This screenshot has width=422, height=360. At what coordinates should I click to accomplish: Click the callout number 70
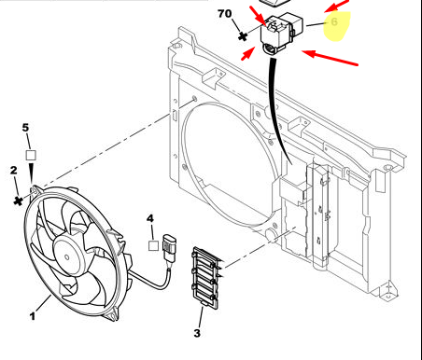pos(224,14)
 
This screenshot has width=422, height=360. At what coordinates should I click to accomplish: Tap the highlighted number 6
pos(334,21)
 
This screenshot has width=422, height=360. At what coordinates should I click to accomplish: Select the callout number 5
pos(25,128)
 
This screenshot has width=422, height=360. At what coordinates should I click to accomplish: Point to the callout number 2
pos(13,170)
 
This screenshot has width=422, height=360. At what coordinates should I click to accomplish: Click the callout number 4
pos(150,218)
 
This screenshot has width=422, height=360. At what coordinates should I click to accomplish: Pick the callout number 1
pos(33,316)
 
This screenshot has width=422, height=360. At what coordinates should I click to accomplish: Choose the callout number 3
pos(197,333)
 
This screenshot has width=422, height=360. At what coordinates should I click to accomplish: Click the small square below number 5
pos(31,156)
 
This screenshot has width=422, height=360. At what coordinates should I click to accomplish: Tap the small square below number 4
pos(153,245)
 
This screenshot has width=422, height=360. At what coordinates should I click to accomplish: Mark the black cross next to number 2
pos(19,201)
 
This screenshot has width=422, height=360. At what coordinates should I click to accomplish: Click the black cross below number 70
pos(243,36)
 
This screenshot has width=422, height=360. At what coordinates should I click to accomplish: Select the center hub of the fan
pos(67,256)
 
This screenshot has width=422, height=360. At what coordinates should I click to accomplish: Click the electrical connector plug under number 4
pos(168,248)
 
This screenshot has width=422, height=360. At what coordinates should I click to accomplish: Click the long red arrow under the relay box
pos(330,58)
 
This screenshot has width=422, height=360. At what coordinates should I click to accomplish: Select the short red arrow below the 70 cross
pos(248,53)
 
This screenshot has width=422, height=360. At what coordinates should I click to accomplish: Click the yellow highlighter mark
pos(337,26)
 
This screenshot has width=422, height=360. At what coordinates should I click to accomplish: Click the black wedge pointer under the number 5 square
pos(31,173)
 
